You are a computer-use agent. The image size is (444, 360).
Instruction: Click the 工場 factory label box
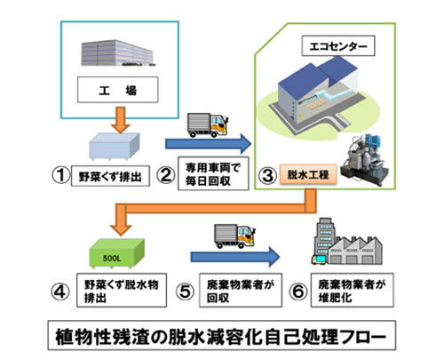pyautogui.click(x=118, y=90)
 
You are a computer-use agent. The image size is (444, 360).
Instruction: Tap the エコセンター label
pyautogui.click(x=338, y=46)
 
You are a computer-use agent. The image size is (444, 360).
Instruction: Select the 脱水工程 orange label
pyautogui.click(x=308, y=174)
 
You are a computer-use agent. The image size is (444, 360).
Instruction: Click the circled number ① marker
pyautogui.click(x=61, y=175)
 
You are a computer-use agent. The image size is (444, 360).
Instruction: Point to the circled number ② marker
pyautogui.click(x=166, y=175)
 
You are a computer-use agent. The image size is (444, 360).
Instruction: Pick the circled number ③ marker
pyautogui.click(x=268, y=175)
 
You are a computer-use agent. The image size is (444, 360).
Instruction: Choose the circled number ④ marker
pyautogui.click(x=60, y=292)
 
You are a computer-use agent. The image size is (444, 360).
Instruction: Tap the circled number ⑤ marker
pyautogui.click(x=185, y=292)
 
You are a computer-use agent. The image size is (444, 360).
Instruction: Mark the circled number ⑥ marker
pyautogui.click(x=298, y=292)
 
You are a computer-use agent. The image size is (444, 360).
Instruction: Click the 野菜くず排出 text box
pyautogui.click(x=110, y=176)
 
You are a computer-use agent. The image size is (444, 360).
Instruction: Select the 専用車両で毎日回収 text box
pyautogui.click(x=213, y=173)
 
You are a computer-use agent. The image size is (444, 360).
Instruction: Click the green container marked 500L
pyautogui.click(x=116, y=254)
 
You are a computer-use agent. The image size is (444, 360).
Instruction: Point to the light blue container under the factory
pyautogui.click(x=115, y=147)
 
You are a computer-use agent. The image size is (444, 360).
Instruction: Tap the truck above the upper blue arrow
pyautogui.click(x=208, y=124)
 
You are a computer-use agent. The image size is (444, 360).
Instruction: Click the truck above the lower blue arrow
pyautogui.click(x=234, y=236)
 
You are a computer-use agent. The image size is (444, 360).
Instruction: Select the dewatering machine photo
pyautogui.click(x=365, y=160)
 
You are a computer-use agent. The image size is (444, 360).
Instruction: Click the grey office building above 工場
pyautogui.click(x=118, y=53)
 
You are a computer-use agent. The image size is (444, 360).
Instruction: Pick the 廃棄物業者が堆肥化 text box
pyautogui.click(x=353, y=290)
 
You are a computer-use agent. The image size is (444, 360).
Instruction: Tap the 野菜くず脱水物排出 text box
pyautogui.click(x=122, y=291)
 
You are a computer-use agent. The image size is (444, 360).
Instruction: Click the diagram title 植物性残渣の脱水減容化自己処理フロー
pyautogui.click(x=222, y=336)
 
